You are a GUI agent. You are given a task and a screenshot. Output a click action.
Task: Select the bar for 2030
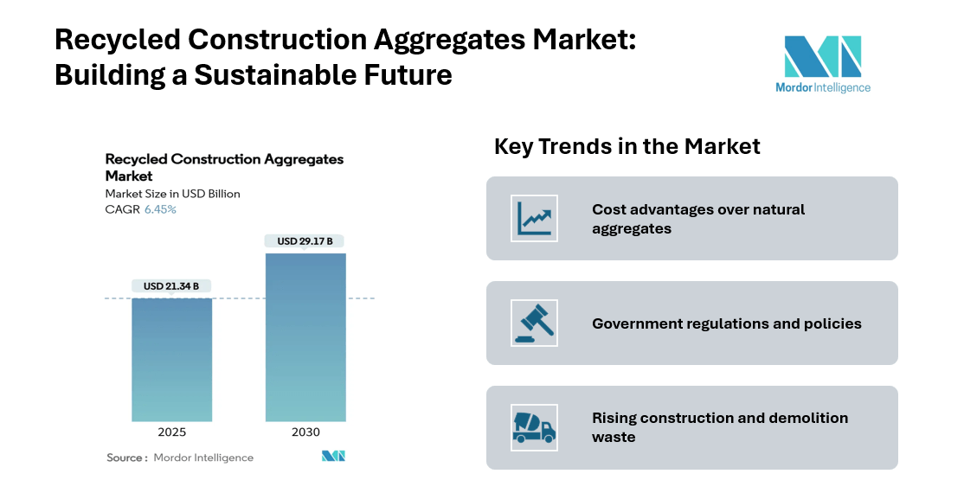tap(305, 337)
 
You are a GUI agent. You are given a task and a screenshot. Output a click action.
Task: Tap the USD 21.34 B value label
tap(171, 286)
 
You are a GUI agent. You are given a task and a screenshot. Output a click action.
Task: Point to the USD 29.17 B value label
tap(305, 240)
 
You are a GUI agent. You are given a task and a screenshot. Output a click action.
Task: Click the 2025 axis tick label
tap(171, 432)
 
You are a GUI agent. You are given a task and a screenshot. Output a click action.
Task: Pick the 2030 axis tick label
tap(305, 432)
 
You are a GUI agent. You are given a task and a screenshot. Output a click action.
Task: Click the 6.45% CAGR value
tap(160, 210)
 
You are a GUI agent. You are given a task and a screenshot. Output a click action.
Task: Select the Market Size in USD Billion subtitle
tap(172, 194)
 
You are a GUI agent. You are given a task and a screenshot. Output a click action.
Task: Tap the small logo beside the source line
tap(333, 457)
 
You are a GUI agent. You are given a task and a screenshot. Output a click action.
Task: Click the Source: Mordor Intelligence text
tap(180, 458)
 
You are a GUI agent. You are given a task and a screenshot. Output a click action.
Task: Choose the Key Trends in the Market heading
tap(627, 146)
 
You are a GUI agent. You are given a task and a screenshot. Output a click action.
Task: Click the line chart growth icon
tap(534, 218)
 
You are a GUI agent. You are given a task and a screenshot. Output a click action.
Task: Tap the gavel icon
tap(534, 323)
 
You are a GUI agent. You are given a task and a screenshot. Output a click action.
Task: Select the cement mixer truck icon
tap(534, 427)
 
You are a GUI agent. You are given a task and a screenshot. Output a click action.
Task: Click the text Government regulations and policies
tap(726, 323)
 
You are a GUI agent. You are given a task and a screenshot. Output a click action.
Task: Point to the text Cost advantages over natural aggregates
tap(698, 219)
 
